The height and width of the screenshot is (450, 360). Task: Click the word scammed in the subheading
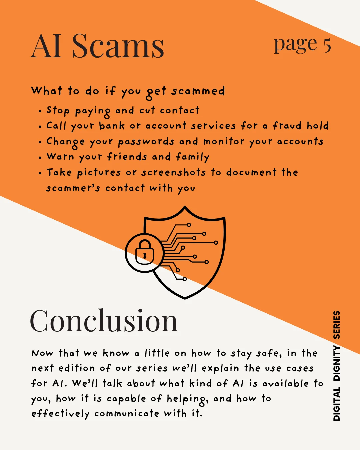click(x=198, y=91)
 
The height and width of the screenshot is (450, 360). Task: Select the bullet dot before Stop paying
click(x=40, y=111)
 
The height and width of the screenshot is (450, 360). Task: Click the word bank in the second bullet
click(x=112, y=126)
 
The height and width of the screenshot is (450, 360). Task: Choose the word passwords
click(x=146, y=141)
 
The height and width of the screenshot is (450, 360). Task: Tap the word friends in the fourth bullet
click(x=127, y=157)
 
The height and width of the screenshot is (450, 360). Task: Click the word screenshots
click(x=173, y=172)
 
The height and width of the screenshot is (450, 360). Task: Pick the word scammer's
click(x=73, y=188)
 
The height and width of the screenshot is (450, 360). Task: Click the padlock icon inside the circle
click(x=145, y=252)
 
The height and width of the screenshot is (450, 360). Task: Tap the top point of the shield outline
click(x=185, y=207)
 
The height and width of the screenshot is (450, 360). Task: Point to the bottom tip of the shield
click(x=185, y=298)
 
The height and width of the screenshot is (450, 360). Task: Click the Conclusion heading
click(x=104, y=321)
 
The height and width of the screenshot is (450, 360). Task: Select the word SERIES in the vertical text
click(x=337, y=325)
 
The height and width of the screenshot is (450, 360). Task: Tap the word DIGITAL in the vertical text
click(x=337, y=404)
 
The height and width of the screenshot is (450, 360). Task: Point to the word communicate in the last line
click(x=127, y=414)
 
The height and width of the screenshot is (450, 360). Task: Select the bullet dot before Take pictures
click(x=40, y=173)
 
